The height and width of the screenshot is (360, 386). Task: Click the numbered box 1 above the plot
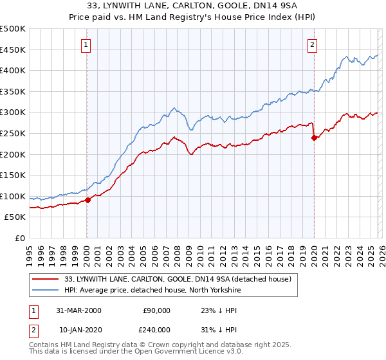click(x=86, y=44)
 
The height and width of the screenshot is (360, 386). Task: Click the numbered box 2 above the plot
click(x=312, y=44)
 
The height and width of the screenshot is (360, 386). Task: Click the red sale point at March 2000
click(x=88, y=200)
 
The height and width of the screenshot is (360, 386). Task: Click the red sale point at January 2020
click(x=314, y=138)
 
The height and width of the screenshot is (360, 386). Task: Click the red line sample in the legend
click(x=45, y=279)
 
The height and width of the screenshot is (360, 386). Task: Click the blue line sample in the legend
click(x=45, y=290)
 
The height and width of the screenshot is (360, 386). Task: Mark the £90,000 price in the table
click(x=156, y=310)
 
